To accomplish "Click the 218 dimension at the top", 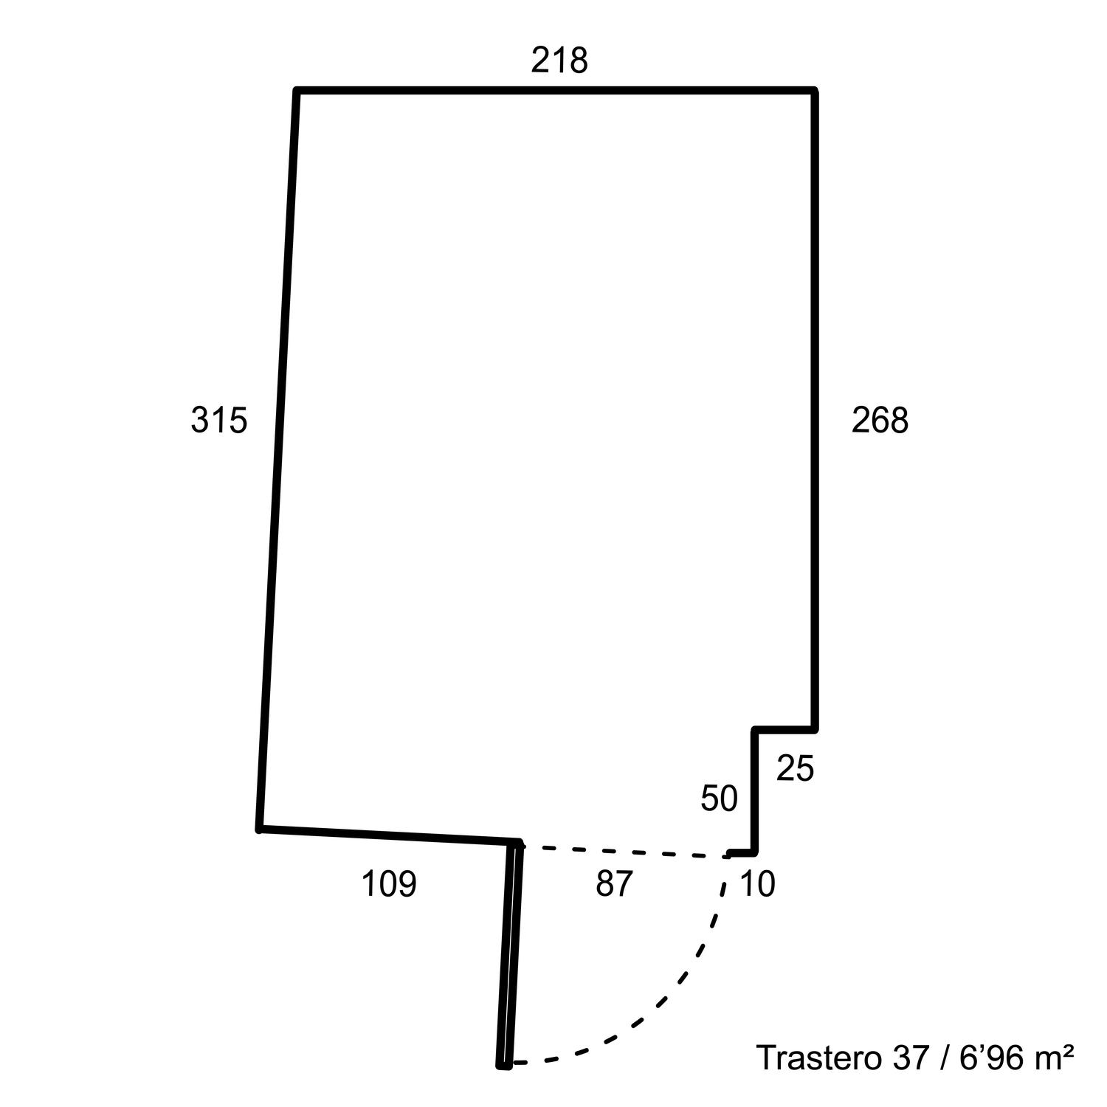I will [559, 61].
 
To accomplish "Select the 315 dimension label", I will [218, 421].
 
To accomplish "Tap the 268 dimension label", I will [880, 421].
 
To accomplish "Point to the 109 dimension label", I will [389, 884].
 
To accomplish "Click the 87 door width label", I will [614, 883].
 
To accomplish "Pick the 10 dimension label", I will [757, 883].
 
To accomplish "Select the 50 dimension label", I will [719, 799].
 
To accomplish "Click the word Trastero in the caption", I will [818, 1058].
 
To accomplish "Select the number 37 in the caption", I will [910, 1058].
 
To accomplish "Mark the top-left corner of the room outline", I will [297, 91].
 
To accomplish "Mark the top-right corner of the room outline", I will [815, 91].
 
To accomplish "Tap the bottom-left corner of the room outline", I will [260, 829].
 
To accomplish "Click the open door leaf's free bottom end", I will [504, 1065].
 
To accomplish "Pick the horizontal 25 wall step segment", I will [784, 730].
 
